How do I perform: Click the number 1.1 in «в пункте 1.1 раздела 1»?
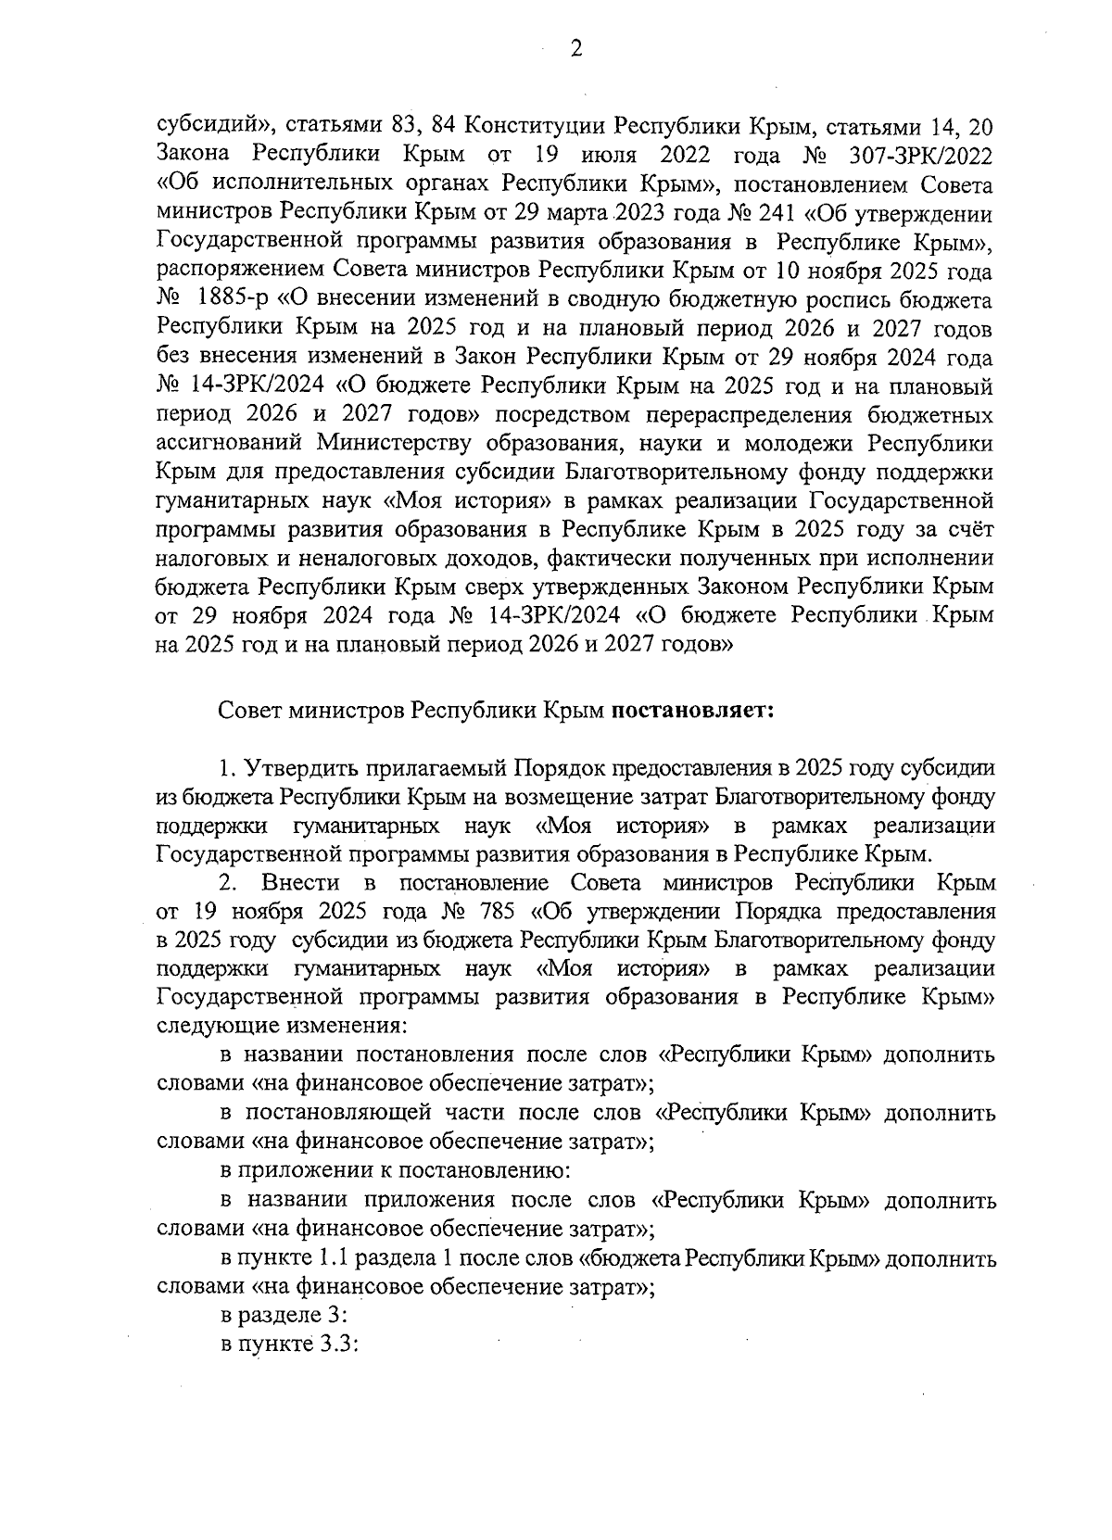coord(330,1259)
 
